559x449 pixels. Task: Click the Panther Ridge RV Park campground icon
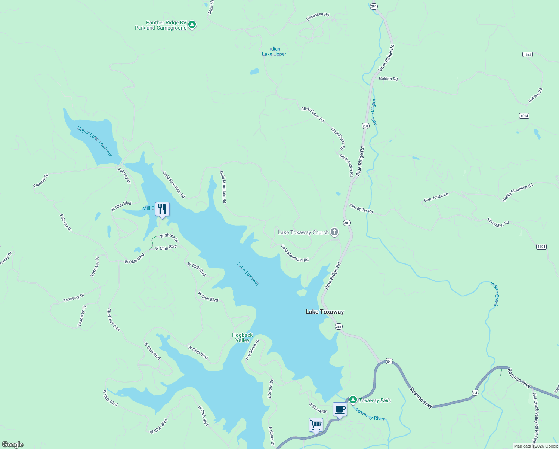click(x=192, y=25)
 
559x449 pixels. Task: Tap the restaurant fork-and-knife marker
click(x=162, y=209)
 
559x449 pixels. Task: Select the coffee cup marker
click(x=340, y=409)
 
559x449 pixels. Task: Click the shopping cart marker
click(x=316, y=425)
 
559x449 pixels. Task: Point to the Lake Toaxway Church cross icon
click(x=334, y=232)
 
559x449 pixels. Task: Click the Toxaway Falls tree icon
click(x=353, y=400)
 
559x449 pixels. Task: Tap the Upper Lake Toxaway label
click(x=95, y=141)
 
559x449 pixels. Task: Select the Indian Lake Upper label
click(x=274, y=51)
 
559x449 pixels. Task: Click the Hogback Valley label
click(x=242, y=337)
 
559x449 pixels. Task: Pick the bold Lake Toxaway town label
click(x=324, y=312)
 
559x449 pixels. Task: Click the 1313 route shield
click(x=527, y=55)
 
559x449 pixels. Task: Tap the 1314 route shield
click(x=524, y=116)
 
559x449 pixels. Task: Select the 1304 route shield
click(x=541, y=247)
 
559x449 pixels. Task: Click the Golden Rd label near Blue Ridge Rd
click(x=388, y=79)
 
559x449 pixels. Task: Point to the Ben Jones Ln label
click(x=436, y=197)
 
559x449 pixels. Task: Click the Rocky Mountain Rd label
click(x=518, y=192)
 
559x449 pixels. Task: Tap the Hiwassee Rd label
click(x=318, y=16)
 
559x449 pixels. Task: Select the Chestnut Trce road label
click(x=113, y=320)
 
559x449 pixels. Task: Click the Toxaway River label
click(x=370, y=415)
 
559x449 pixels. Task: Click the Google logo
click(x=13, y=444)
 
